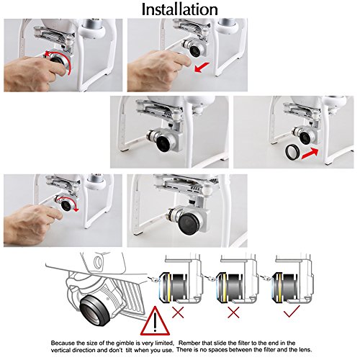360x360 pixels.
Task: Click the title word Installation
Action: (x=180, y=9)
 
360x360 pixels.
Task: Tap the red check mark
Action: (x=292, y=311)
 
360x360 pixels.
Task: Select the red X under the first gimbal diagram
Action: (x=178, y=312)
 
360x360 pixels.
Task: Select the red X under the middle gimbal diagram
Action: (x=233, y=312)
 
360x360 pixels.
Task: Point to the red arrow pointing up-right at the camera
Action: (x=310, y=153)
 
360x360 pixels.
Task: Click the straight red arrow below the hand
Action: (x=202, y=67)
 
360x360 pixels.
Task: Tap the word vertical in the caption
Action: (x=61, y=350)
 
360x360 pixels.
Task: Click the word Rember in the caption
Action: (x=189, y=343)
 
